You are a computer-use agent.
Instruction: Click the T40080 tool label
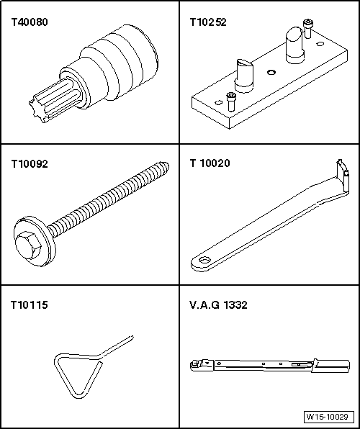30,22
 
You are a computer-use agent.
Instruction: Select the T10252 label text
208,22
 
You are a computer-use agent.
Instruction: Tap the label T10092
30,164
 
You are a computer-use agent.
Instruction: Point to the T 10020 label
210,163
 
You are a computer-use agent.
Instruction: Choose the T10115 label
30,304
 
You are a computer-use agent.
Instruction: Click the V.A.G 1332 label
218,304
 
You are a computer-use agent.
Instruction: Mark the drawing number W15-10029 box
328,417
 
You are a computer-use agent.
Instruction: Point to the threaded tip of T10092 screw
165,166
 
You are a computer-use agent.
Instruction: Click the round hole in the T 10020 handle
204,260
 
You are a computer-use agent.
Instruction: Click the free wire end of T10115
132,338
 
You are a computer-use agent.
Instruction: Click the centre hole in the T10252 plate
271,72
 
